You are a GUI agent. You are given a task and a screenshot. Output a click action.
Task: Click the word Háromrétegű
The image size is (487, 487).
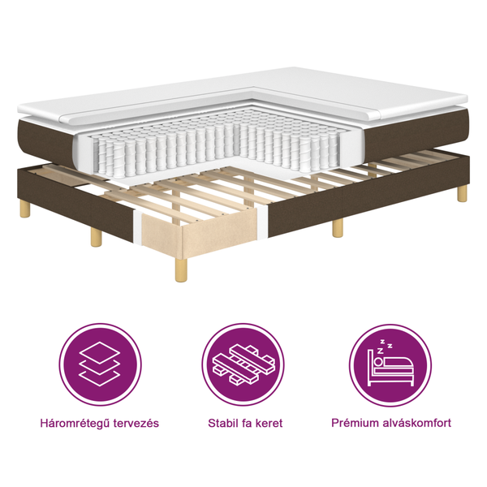point(74,424)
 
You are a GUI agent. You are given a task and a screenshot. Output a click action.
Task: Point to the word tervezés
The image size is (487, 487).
point(135,424)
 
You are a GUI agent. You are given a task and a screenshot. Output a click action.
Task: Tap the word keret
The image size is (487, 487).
point(267,424)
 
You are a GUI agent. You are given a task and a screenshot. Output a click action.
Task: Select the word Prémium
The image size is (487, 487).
point(355,424)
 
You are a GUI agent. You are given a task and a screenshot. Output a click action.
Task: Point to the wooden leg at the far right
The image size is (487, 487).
point(462,193)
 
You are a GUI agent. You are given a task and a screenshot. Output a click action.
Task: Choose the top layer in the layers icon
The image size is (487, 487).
point(99,351)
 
